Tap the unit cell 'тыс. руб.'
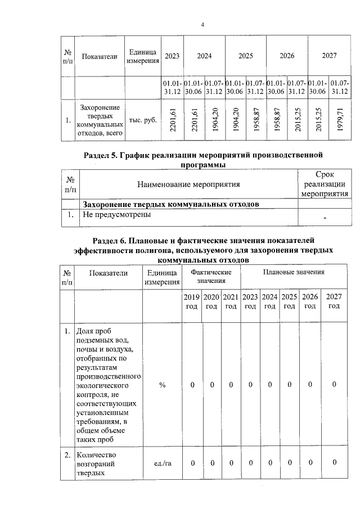(x=143, y=120)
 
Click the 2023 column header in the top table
(x=172, y=56)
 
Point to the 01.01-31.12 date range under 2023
(x=172, y=88)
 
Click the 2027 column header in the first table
(x=328, y=56)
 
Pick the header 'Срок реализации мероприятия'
(x=325, y=184)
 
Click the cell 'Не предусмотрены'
(x=116, y=214)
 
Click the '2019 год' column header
(x=192, y=301)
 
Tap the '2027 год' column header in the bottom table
(x=334, y=301)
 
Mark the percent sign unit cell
(x=162, y=385)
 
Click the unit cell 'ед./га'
(x=162, y=463)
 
